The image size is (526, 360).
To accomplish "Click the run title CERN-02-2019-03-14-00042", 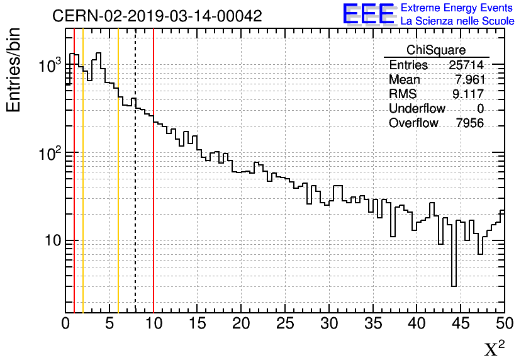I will click(x=157, y=16).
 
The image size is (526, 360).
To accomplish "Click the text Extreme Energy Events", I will click(x=457, y=8).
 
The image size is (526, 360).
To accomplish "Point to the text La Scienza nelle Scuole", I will click(x=457, y=21).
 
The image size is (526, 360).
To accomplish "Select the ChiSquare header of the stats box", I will click(x=436, y=50).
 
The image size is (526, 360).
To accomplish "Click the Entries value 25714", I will click(x=466, y=65).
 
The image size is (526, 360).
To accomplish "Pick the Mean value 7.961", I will click(x=469, y=80).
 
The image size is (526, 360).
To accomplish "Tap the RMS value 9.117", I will click(x=469, y=94).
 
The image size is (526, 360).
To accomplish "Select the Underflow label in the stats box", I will click(x=417, y=109).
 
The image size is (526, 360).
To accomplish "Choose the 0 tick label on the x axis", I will click(x=65, y=324).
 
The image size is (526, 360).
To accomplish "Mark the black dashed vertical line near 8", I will click(x=135, y=189).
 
